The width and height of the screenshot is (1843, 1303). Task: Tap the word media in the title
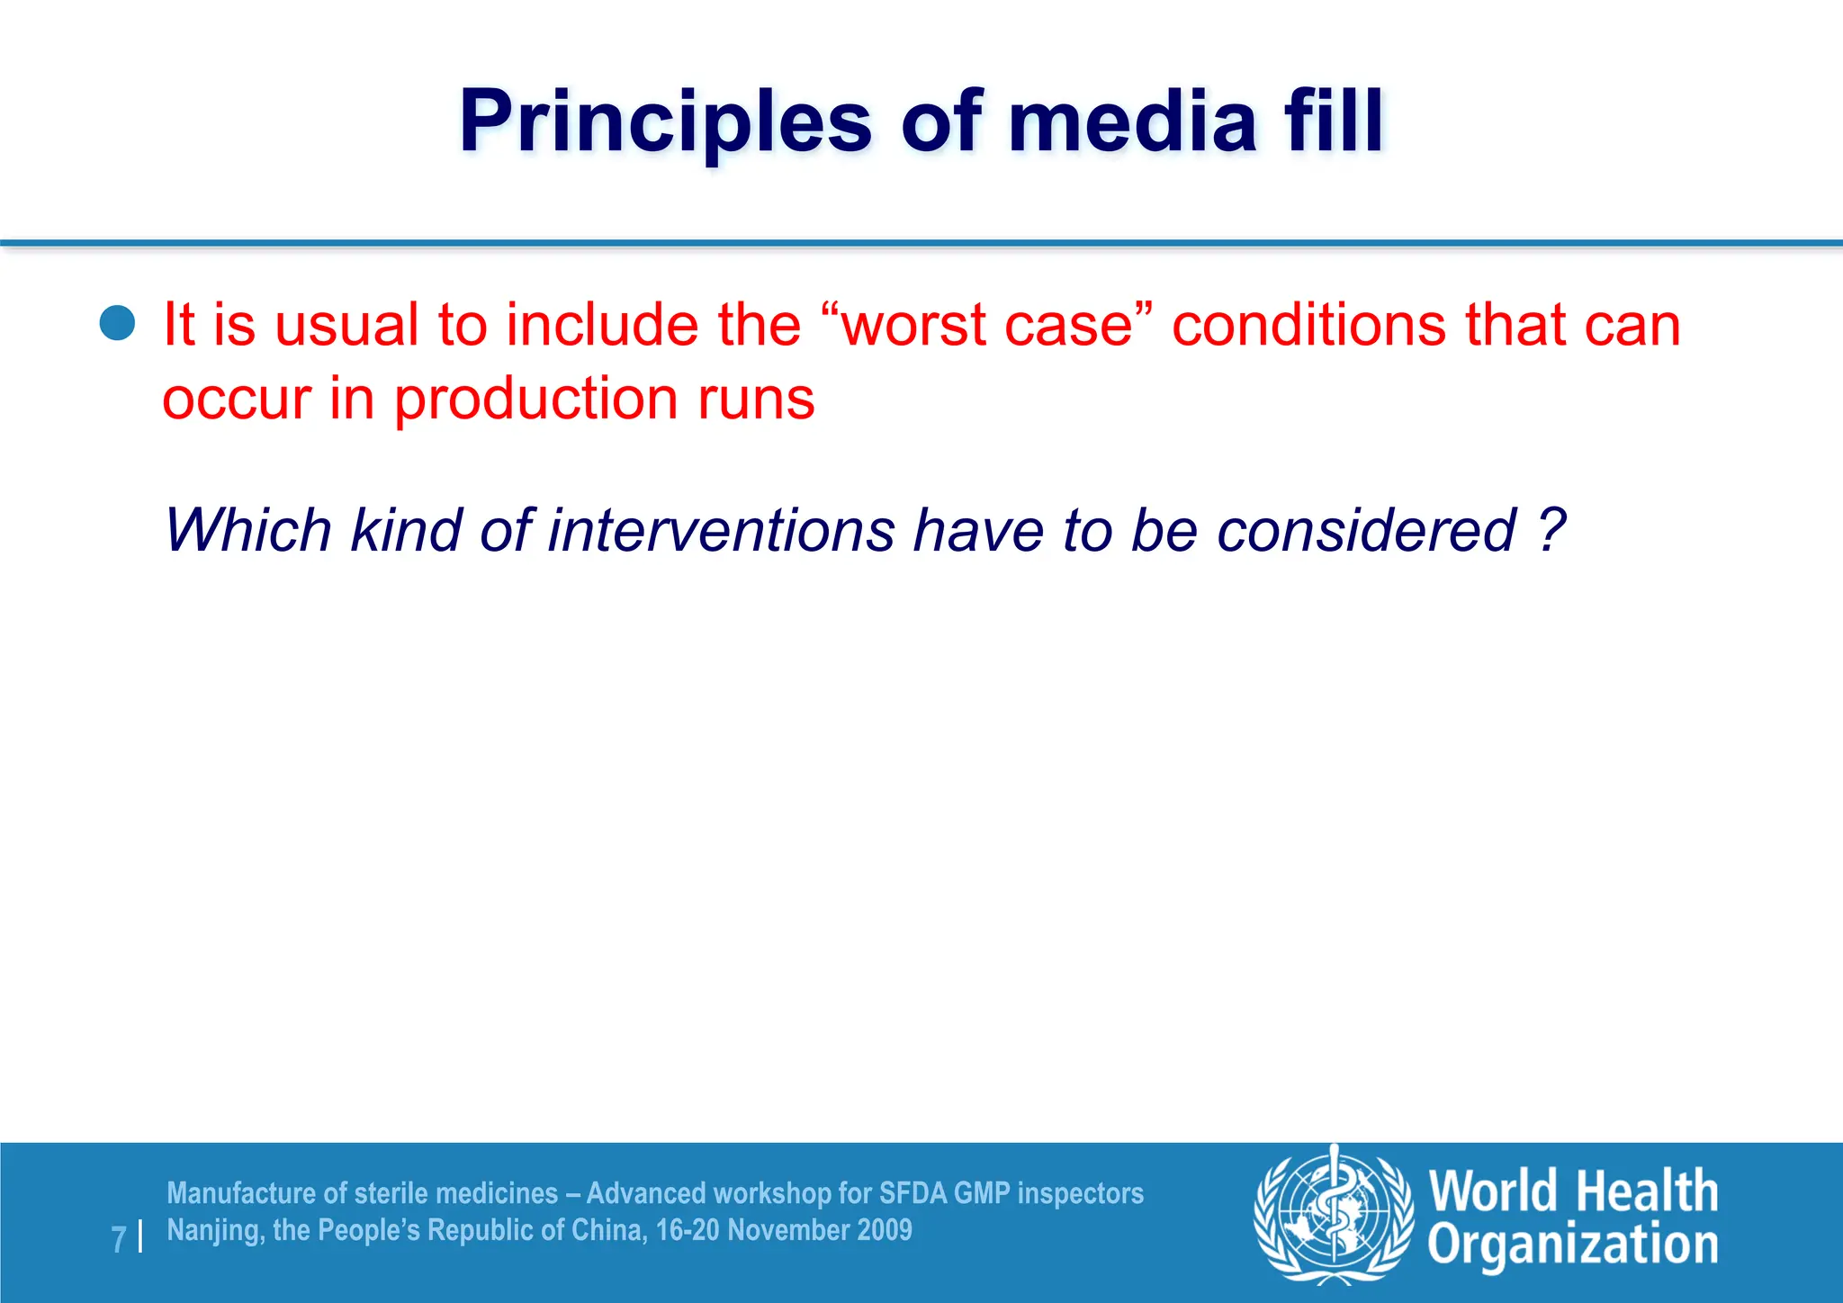(x=1131, y=122)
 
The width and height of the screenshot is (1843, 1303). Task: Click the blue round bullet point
(x=118, y=324)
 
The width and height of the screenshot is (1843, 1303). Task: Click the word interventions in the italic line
(x=721, y=530)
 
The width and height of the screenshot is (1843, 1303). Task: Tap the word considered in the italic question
(x=1367, y=530)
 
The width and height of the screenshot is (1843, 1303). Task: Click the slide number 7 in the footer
(x=119, y=1239)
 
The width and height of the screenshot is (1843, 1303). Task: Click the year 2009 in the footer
(x=886, y=1230)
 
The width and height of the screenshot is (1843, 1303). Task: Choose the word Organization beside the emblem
(x=1572, y=1245)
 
